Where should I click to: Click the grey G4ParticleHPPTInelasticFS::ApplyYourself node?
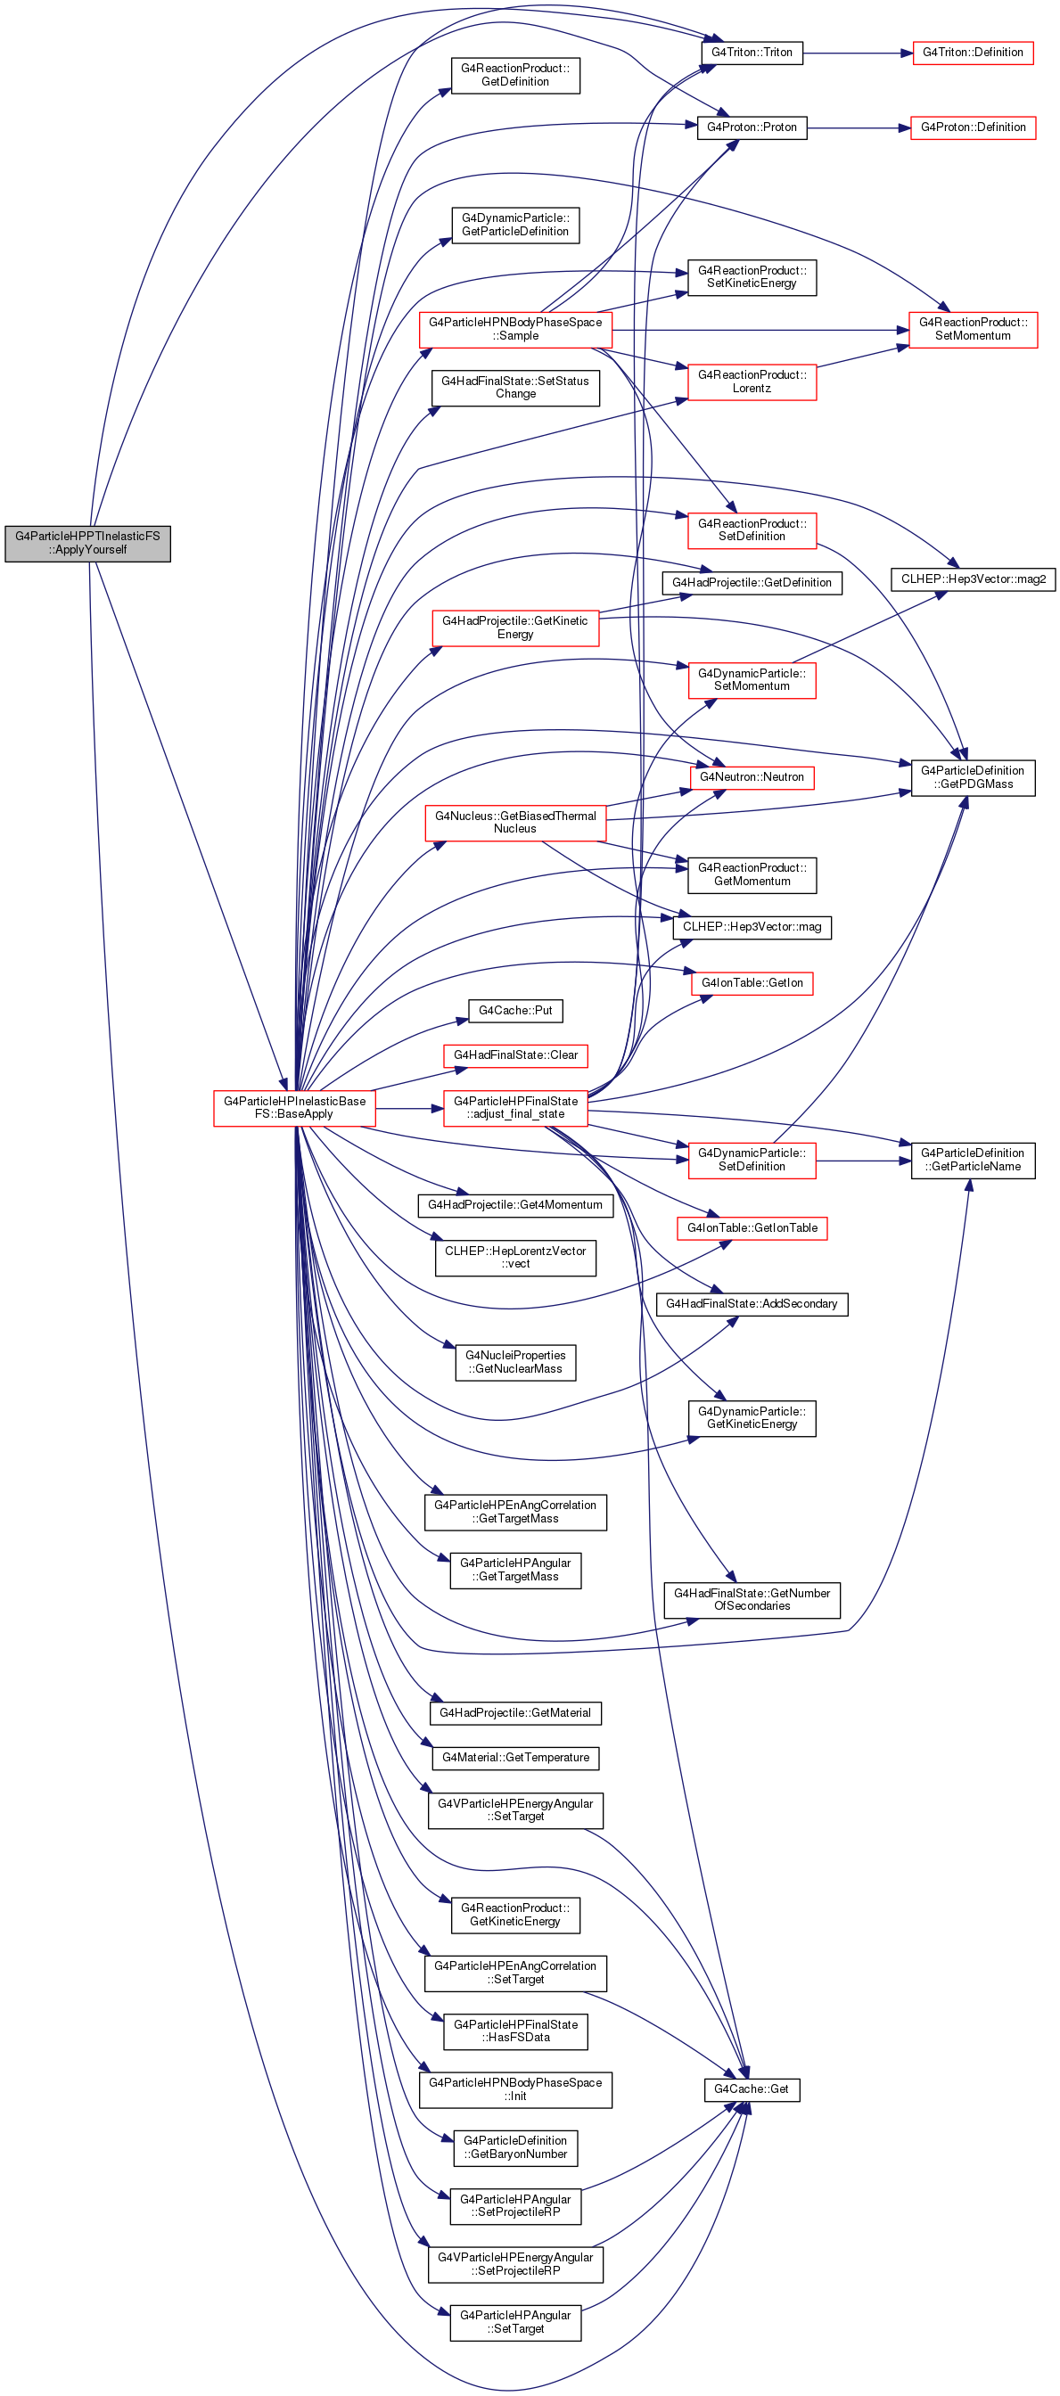pos(87,543)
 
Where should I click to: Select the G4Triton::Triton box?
pos(751,53)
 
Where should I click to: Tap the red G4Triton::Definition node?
pos(973,53)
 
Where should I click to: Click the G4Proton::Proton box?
pos(752,127)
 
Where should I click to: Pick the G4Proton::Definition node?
pos(973,127)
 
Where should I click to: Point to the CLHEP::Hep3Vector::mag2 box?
pos(973,579)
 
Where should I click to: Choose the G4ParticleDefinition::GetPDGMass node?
pos(973,777)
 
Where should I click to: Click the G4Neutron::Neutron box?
pos(752,777)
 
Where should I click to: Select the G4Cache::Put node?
pos(515,1011)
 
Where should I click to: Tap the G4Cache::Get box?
pos(751,2090)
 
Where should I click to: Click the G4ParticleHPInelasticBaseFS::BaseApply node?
pos(295,1108)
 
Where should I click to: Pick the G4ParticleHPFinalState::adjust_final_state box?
pos(515,1108)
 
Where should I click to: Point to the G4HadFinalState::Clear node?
pos(515,1055)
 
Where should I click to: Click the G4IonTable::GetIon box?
pos(752,983)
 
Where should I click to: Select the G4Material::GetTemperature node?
pos(515,1758)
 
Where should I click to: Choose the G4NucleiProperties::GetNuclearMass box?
pos(515,1363)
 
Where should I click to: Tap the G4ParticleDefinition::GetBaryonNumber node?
pos(515,2147)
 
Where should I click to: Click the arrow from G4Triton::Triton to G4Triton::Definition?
pos(857,53)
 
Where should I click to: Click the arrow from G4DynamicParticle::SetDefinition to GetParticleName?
pos(864,1161)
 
